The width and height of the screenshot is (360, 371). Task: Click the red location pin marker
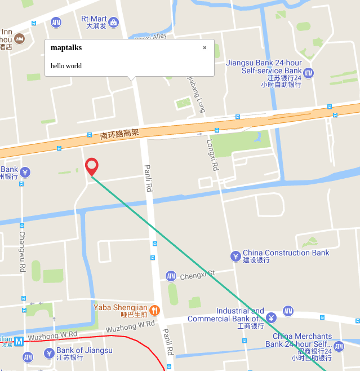point(92,166)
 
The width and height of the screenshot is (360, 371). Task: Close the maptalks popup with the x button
point(205,48)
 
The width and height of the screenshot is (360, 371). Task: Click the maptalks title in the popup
point(66,48)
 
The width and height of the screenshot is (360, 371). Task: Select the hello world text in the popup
point(66,66)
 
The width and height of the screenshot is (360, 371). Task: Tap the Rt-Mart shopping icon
point(114,23)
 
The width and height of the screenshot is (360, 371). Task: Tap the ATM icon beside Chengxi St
point(171,276)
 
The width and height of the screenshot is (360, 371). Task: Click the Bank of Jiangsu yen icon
point(49,354)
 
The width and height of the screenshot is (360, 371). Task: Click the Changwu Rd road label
point(23,251)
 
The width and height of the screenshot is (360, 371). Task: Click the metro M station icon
point(19,341)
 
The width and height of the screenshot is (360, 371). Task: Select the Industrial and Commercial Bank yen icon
point(271,318)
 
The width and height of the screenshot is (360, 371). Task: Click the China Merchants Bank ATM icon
point(339,346)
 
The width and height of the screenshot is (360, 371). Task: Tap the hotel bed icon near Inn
point(20,38)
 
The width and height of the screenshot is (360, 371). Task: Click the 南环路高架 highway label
point(119,134)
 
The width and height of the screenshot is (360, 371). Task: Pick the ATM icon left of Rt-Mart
point(56,23)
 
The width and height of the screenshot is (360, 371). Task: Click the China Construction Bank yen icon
point(235,257)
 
